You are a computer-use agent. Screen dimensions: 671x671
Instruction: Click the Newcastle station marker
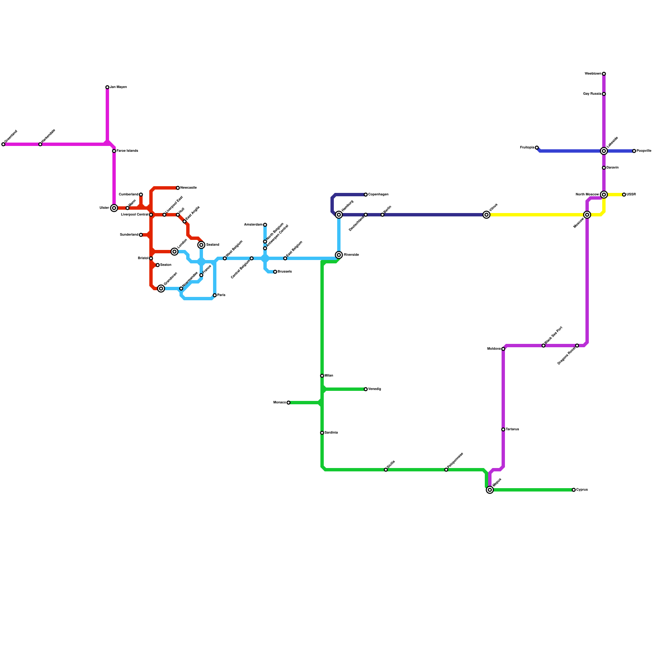178,188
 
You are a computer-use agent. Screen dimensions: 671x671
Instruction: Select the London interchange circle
174,252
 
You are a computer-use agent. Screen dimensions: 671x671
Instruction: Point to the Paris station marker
215,295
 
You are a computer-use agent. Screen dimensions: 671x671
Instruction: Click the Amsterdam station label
253,225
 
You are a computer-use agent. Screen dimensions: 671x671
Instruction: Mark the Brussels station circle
275,272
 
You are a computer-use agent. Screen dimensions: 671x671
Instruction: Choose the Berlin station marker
382,215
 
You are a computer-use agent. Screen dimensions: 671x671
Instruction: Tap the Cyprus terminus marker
574,490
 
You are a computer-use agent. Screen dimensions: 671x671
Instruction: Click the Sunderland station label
129,235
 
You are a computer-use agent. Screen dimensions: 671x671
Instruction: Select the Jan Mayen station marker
107,87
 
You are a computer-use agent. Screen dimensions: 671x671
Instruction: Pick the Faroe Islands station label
127,151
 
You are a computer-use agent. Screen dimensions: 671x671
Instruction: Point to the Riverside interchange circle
339,255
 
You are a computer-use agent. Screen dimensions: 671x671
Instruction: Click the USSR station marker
624,195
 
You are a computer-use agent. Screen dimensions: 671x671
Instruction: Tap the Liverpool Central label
134,215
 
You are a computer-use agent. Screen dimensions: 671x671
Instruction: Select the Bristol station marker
151,258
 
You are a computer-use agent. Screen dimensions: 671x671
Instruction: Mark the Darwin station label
612,168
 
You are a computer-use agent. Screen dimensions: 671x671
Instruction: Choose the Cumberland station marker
141,195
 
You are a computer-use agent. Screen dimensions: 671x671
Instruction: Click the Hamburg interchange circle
339,215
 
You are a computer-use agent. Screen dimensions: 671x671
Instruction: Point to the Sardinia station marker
322,433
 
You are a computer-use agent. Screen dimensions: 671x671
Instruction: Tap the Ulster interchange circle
114,208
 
